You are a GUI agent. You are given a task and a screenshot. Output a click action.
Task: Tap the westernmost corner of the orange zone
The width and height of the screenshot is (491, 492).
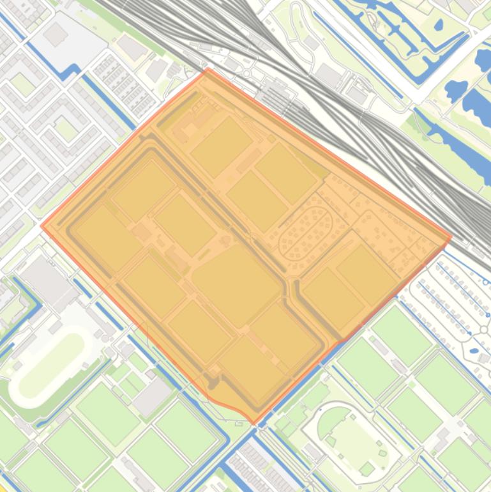pos(42,225)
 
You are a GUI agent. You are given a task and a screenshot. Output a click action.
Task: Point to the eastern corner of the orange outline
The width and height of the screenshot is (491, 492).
pos(451,236)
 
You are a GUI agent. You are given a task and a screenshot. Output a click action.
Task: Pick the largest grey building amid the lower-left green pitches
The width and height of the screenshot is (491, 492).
pos(152,396)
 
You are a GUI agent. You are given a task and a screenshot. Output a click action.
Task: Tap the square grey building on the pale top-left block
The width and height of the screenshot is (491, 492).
pos(56,36)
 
